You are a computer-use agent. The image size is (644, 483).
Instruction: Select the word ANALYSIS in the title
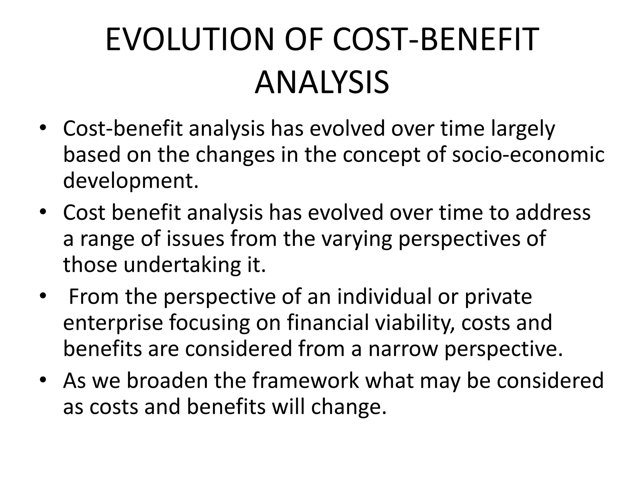(x=322, y=83)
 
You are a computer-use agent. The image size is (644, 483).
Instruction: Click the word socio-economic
(x=528, y=155)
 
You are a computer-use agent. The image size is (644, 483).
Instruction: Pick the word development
(x=131, y=181)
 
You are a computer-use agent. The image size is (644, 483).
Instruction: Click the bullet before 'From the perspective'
(x=43, y=296)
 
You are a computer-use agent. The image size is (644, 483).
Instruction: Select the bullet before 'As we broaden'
(x=43, y=380)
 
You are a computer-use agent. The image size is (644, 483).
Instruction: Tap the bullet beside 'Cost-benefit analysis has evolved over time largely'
(x=43, y=128)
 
